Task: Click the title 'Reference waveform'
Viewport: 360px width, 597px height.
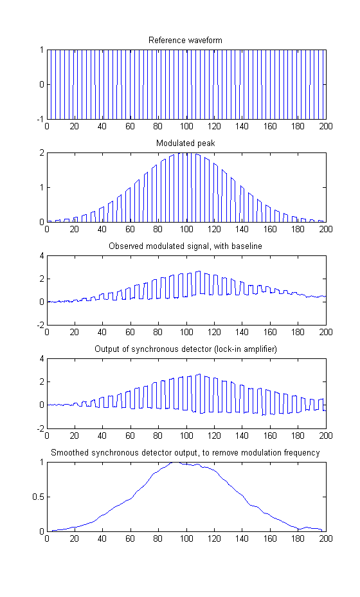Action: tap(185, 41)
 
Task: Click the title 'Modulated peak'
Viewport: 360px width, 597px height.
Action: tap(185, 143)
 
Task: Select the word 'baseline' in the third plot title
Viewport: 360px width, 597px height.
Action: tap(247, 246)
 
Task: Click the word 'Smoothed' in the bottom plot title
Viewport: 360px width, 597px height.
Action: tap(67, 452)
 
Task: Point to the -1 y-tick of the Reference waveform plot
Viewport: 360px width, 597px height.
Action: tap(40, 119)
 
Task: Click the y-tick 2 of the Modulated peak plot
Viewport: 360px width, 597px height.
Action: tap(42, 152)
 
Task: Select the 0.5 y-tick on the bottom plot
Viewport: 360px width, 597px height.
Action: tap(38, 497)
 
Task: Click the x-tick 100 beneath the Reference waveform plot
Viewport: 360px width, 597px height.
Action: tap(186, 126)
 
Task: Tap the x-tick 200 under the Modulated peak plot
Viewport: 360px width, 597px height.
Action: tap(326, 229)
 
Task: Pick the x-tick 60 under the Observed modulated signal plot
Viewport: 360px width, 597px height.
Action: tap(130, 332)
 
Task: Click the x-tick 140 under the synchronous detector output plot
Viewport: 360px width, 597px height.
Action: tap(242, 435)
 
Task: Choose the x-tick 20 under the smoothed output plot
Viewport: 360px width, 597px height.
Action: tap(75, 538)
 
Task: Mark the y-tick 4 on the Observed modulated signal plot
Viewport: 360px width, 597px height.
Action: tap(42, 255)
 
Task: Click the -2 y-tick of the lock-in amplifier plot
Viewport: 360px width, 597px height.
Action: tap(40, 428)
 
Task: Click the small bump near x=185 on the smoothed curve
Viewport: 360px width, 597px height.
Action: tap(307, 528)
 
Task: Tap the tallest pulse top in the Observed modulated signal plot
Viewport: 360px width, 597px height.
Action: tap(198, 271)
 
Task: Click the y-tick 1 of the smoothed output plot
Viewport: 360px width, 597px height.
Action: tap(42, 462)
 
